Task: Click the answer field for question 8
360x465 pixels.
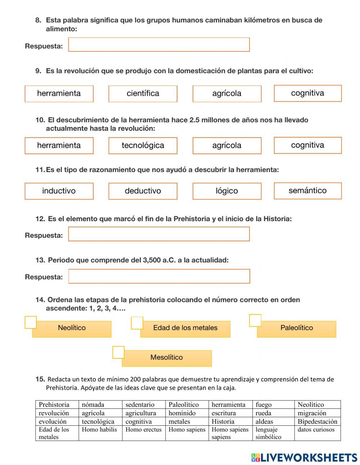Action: pyautogui.click(x=159, y=45)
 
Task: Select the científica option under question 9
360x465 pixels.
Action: pyautogui.click(x=143, y=94)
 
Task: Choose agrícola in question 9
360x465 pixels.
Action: pyautogui.click(x=227, y=94)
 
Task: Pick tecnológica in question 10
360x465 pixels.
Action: pyautogui.click(x=143, y=146)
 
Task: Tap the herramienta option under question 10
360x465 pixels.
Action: pyautogui.click(x=59, y=146)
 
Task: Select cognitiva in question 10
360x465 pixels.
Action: pyautogui.click(x=307, y=145)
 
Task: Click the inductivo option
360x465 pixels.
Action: pyautogui.click(x=59, y=191)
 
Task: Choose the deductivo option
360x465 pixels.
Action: pyautogui.click(x=143, y=191)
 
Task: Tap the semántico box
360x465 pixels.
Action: pyautogui.click(x=307, y=191)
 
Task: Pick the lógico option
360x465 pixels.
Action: pyautogui.click(x=227, y=191)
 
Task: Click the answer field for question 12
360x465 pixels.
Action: pyautogui.click(x=159, y=234)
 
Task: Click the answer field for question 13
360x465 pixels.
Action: pyautogui.click(x=159, y=276)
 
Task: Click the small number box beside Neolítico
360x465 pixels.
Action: pyautogui.click(x=31, y=322)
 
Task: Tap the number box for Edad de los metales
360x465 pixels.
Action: pyautogui.click(x=137, y=323)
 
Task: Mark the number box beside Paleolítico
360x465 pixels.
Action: pyautogui.click(x=255, y=320)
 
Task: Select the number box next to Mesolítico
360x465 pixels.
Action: pyautogui.click(x=118, y=352)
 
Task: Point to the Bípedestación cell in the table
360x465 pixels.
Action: pyautogui.click(x=317, y=421)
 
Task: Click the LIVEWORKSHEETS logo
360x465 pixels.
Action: pyautogui.click(x=304, y=457)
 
